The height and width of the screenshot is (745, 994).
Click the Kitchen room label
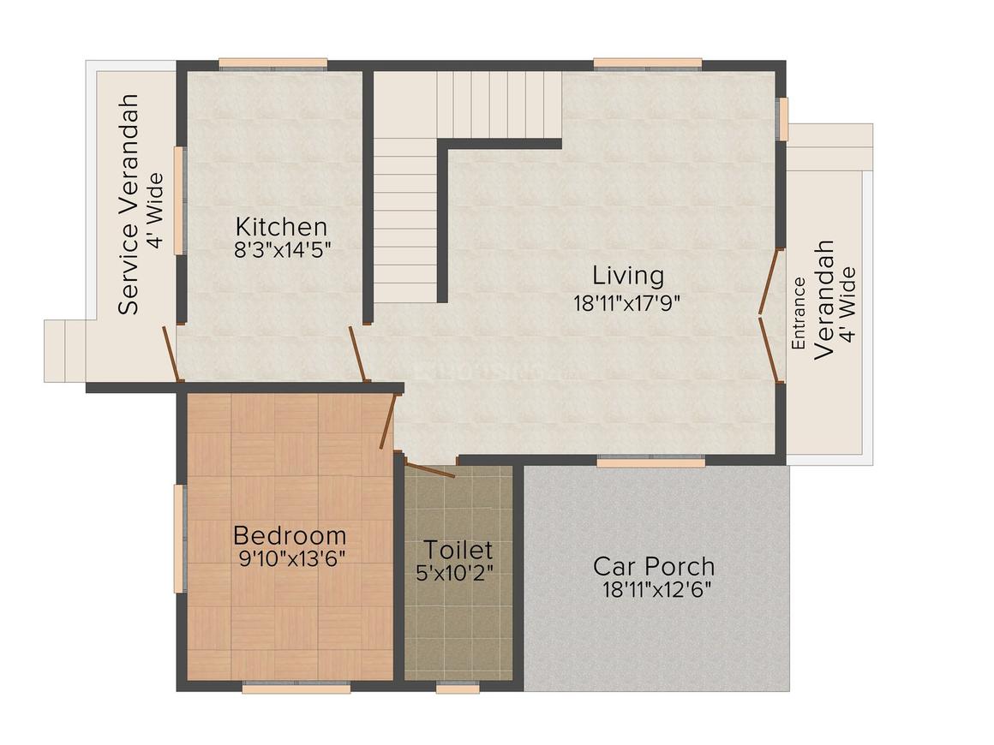coord(281,227)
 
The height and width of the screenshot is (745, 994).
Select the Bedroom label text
coord(290,536)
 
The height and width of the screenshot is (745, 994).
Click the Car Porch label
coord(654,566)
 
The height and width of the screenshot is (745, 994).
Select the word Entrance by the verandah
coord(798,313)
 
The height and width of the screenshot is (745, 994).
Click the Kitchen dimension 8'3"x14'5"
coord(281,250)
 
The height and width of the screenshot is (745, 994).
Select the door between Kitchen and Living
coord(358,353)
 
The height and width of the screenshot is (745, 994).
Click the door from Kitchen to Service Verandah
coord(172,353)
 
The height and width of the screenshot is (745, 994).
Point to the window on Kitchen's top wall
coord(272,63)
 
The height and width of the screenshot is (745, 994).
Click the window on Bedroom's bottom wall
coord(296,687)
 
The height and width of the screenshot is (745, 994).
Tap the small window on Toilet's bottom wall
coord(458,687)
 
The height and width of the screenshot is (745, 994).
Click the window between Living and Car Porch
coord(651,462)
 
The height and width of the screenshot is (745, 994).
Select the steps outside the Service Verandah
coord(65,351)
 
